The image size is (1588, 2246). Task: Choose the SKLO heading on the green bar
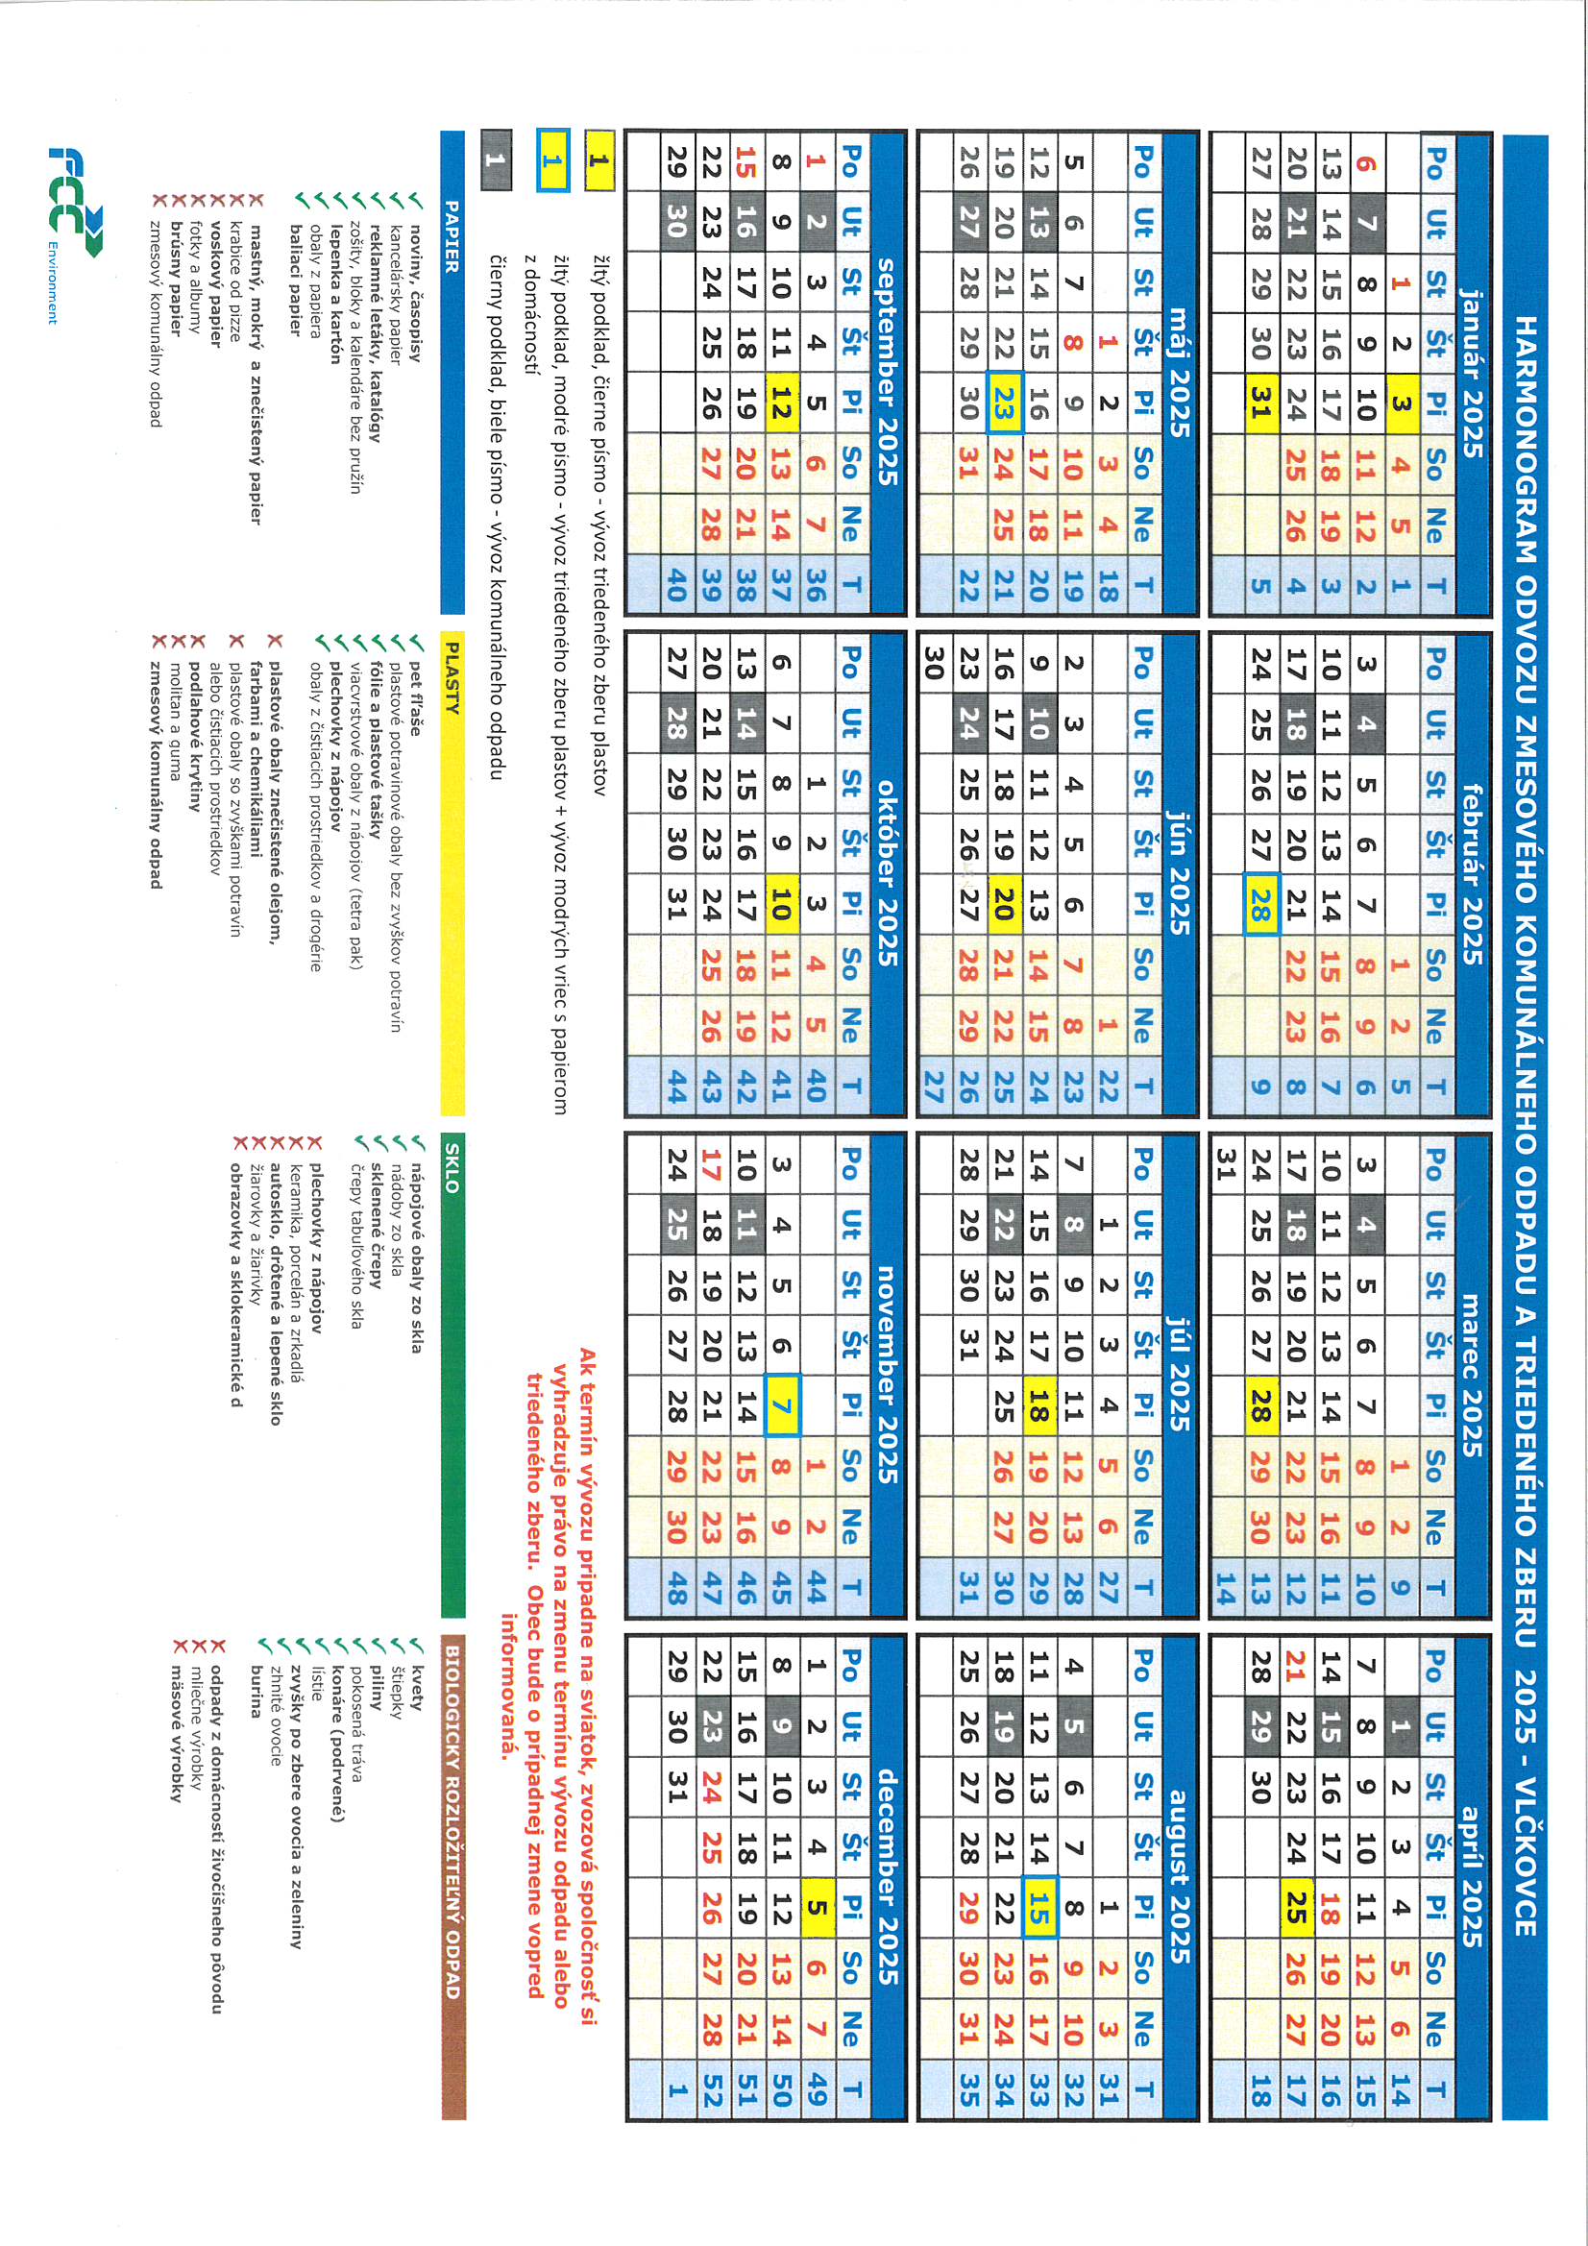pyautogui.click(x=452, y=1167)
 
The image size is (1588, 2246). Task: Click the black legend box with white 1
pyautogui.click(x=496, y=160)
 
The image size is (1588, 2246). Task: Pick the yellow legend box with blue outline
pyautogui.click(x=551, y=160)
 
